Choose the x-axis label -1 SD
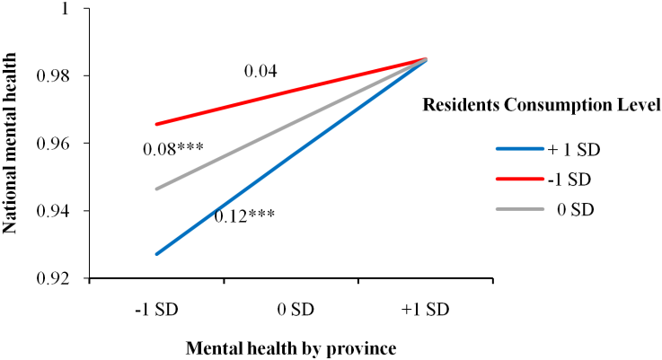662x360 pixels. click(155, 310)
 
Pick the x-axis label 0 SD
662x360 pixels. click(290, 310)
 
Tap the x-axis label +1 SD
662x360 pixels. click(424, 310)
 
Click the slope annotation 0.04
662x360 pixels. click(260, 70)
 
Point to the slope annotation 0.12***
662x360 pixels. click(244, 215)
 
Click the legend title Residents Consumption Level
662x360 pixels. click(542, 105)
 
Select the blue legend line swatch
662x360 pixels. click(519, 150)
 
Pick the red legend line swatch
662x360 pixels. click(519, 180)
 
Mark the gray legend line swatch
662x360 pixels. click(519, 209)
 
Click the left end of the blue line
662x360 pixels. click(156, 254)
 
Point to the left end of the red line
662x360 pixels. click(156, 124)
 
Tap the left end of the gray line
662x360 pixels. click(156, 189)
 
